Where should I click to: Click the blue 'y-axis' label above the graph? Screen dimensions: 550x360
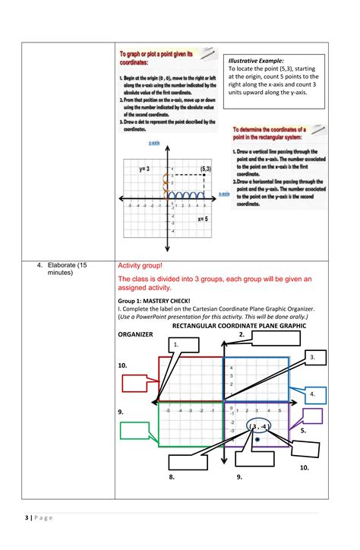point(153,142)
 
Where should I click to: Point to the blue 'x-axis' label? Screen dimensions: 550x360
point(224,194)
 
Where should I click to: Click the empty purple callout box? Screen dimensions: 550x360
point(311,416)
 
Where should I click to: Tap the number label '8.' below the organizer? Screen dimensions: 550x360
point(172,477)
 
